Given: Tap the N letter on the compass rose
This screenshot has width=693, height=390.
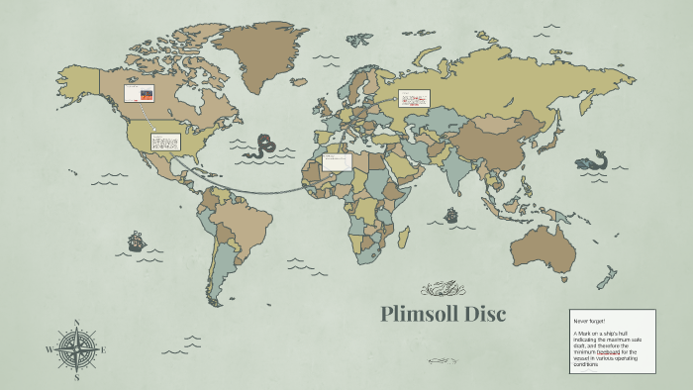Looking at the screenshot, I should [76, 322].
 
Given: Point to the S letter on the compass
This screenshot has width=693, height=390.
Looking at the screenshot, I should [76, 377].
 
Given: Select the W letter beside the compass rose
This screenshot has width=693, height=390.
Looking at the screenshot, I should [49, 349].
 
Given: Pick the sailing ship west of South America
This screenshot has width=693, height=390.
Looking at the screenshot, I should [136, 241].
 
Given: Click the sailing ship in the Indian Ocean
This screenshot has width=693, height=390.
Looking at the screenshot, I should [451, 214].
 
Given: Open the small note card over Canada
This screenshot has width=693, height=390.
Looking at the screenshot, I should [138, 93].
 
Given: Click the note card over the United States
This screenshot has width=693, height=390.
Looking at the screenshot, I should [164, 142].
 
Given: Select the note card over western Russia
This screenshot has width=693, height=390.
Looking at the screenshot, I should [413, 98].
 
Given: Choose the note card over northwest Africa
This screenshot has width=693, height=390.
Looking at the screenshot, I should [337, 161].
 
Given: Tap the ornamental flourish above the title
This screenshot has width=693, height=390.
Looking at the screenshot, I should [444, 289].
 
